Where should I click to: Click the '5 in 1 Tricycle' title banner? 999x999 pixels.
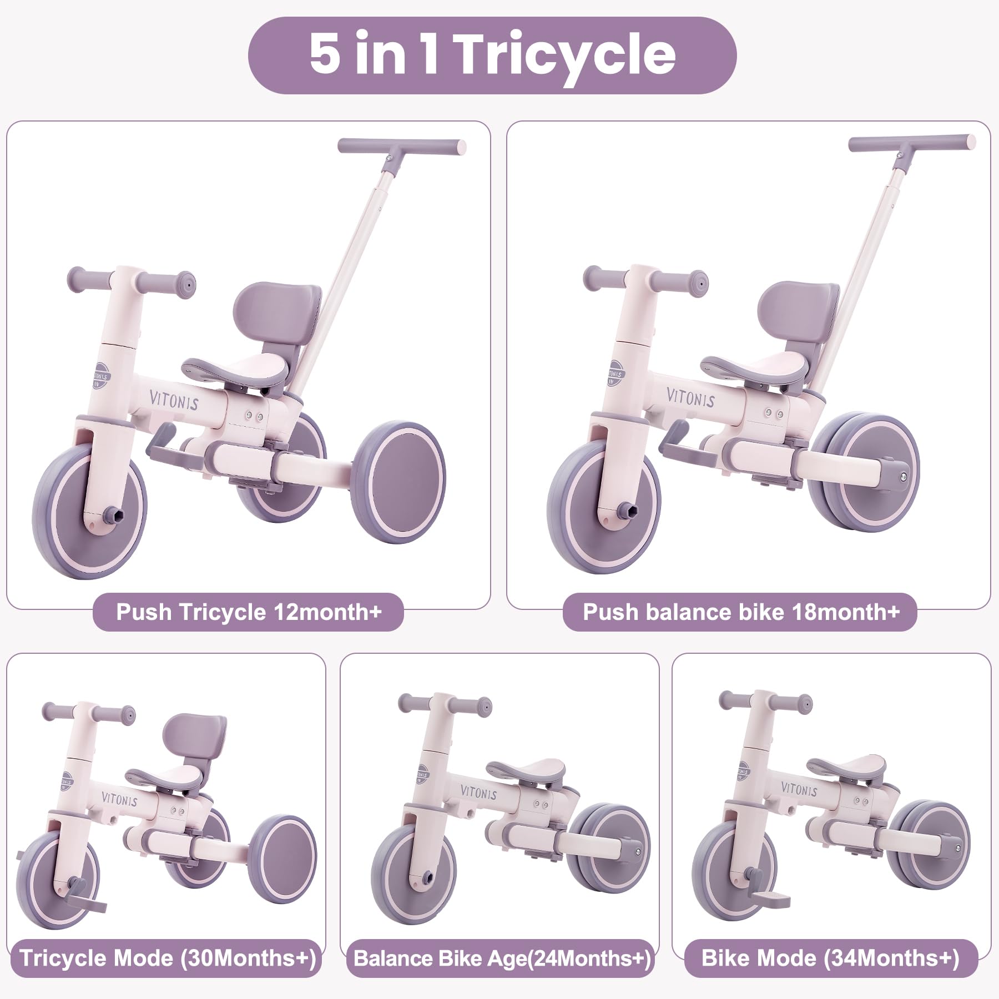[492, 54]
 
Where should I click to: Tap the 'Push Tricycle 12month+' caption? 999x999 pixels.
[248, 612]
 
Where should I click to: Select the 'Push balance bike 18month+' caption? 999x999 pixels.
[740, 612]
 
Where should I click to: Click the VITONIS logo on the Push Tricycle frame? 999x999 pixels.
[173, 399]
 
